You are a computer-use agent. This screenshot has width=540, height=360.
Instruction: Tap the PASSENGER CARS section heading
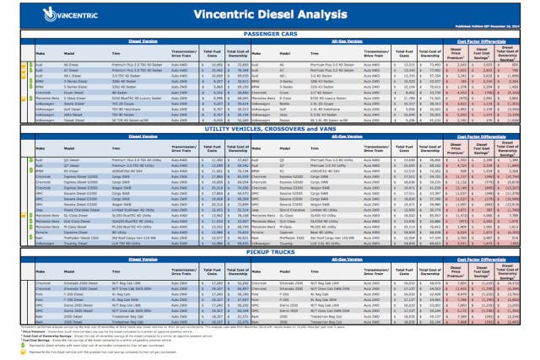(x=270, y=32)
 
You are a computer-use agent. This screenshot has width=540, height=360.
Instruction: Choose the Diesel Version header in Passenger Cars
(x=126, y=40)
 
